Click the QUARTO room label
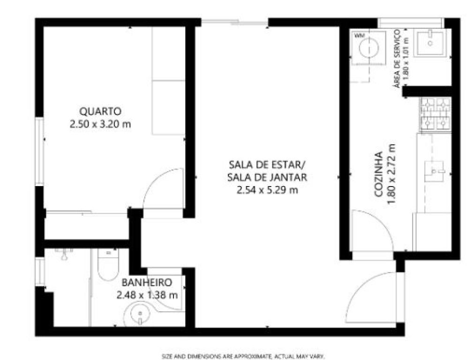click(x=100, y=111)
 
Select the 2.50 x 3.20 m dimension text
click(x=100, y=124)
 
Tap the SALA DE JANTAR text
click(x=267, y=177)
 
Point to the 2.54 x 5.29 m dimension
click(x=267, y=190)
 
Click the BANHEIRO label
click(x=147, y=283)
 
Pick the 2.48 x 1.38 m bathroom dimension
click(x=147, y=295)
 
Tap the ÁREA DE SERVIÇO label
click(x=397, y=59)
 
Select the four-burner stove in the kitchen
click(x=435, y=114)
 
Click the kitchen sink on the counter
click(x=434, y=171)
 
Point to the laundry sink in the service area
click(x=430, y=43)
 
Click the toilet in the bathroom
click(x=108, y=265)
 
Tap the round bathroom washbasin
click(x=140, y=315)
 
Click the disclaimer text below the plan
click(x=243, y=356)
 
